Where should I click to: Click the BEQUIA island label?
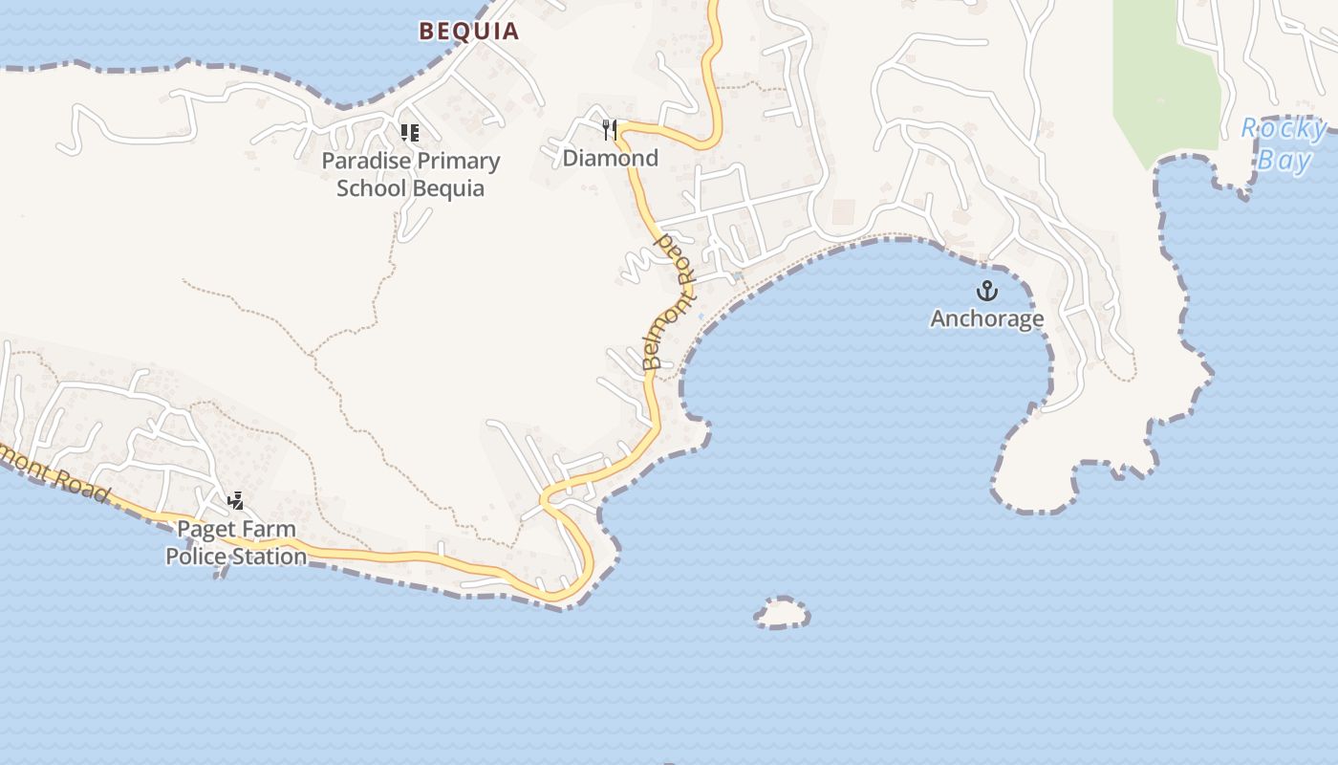pyautogui.click(x=469, y=31)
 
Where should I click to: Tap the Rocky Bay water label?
pyautogui.click(x=1284, y=143)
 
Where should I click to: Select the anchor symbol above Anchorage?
pyautogui.click(x=986, y=291)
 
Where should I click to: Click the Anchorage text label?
pyautogui.click(x=987, y=318)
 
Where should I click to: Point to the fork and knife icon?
pyautogui.click(x=610, y=129)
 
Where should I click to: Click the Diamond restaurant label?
pyautogui.click(x=611, y=158)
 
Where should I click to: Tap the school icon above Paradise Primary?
pyautogui.click(x=410, y=133)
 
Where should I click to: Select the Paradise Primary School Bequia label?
pyautogui.click(x=411, y=174)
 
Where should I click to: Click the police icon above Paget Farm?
pyautogui.click(x=235, y=500)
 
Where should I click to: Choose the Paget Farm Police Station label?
pyautogui.click(x=236, y=542)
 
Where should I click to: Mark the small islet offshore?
pyautogui.click(x=781, y=613)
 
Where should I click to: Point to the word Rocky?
pyautogui.click(x=1284, y=128)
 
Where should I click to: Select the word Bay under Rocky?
pyautogui.click(x=1284, y=159)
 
